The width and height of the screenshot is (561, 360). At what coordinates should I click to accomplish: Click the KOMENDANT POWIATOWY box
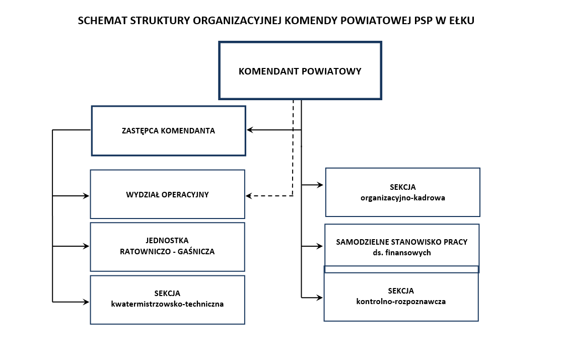click(300, 71)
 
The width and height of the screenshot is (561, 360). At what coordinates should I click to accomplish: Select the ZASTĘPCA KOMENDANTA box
click(168, 131)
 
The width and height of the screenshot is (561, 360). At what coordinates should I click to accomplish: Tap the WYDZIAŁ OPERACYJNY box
click(167, 194)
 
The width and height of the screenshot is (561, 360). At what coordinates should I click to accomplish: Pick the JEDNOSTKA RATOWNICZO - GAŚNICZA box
click(167, 246)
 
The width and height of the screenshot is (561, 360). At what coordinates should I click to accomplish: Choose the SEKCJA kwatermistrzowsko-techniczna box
click(167, 299)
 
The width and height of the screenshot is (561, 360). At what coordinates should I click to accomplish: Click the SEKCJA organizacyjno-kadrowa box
click(402, 192)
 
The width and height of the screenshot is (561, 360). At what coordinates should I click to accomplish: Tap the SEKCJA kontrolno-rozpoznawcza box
click(401, 296)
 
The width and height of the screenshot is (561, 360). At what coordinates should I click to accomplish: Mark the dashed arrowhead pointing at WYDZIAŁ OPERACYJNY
click(249, 196)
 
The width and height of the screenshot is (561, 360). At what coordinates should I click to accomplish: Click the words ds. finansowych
click(401, 253)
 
